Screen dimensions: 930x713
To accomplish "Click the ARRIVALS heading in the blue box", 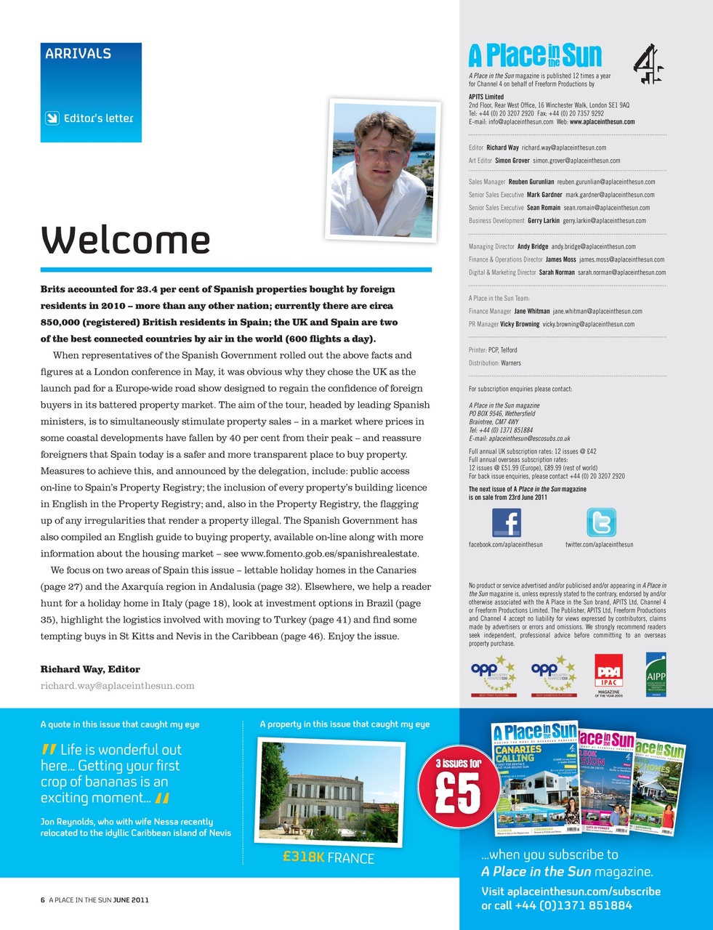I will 78,54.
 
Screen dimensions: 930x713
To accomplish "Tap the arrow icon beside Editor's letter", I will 52,118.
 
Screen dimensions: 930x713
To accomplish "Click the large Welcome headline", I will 126,240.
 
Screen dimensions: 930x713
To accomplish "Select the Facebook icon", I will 506,522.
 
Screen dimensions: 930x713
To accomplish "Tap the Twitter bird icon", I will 600,522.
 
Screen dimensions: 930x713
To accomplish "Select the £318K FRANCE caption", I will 329,858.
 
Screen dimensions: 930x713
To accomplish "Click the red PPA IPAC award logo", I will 608,672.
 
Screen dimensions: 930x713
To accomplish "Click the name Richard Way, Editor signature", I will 90,669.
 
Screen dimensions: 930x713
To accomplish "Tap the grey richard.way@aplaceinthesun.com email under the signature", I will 117,685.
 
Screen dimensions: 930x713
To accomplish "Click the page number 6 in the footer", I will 42,899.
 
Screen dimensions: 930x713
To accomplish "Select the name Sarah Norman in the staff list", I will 556,272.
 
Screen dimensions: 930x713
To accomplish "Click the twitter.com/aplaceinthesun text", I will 599,544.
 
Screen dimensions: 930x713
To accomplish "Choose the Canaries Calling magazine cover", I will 535,779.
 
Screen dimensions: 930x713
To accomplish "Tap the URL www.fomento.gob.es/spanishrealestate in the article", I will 329,554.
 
